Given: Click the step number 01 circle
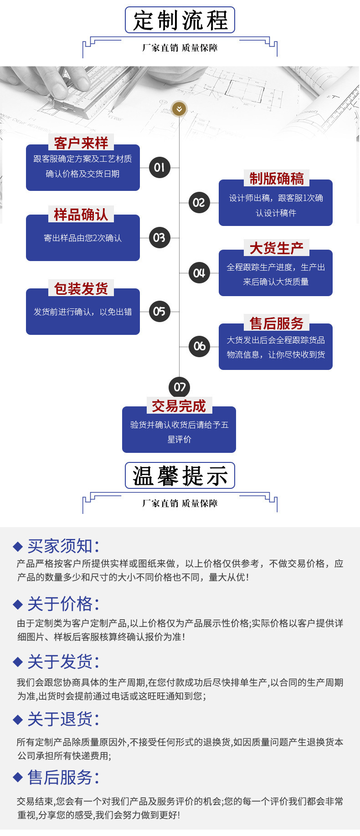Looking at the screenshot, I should coord(159,167).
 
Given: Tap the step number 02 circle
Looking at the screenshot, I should coord(199,202).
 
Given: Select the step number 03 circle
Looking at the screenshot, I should coord(159,237).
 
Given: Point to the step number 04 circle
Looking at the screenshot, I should coord(199,273).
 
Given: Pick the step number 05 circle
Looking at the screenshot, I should coord(159,311).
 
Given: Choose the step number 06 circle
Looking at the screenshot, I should coord(199,346).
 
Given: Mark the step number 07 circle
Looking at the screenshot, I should coord(180,387).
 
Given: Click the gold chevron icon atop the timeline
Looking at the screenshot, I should coord(179,109).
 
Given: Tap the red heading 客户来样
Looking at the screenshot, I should coord(81,143).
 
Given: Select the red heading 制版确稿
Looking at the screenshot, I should coord(276,179).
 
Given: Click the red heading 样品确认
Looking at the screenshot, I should coord(81,215).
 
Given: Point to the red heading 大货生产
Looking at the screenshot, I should coord(276,248).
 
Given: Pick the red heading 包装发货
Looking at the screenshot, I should coord(81,288).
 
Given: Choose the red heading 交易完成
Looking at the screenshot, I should coord(179,406).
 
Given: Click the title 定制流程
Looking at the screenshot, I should coord(180,20).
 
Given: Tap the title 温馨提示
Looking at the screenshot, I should coord(180,476).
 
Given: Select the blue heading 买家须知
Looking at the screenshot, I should coord(63,546).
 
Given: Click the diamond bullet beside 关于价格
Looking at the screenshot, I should coord(18,605).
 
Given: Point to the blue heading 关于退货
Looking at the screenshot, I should coord(63,719).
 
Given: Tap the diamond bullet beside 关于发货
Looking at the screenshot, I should coord(18,662).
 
